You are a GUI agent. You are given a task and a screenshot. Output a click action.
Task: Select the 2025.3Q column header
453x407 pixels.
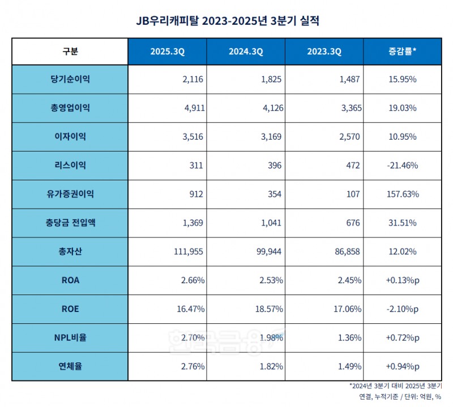point(167,51)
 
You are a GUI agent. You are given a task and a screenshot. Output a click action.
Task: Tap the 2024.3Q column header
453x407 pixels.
point(246,51)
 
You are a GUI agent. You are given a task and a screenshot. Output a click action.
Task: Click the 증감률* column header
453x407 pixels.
point(402,51)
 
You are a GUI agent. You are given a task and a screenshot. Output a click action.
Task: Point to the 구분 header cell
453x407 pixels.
point(70,51)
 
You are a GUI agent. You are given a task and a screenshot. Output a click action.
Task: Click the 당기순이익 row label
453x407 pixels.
point(70,79)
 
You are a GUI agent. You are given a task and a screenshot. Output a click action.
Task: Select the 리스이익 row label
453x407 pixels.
point(70,165)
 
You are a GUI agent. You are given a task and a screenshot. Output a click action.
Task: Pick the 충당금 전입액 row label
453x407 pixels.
point(70,223)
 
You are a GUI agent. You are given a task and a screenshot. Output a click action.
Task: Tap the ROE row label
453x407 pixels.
point(70,309)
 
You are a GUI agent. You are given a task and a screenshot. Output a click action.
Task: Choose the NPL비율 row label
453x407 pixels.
point(70,337)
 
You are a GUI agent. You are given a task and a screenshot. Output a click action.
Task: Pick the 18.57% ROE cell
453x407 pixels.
point(269,309)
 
